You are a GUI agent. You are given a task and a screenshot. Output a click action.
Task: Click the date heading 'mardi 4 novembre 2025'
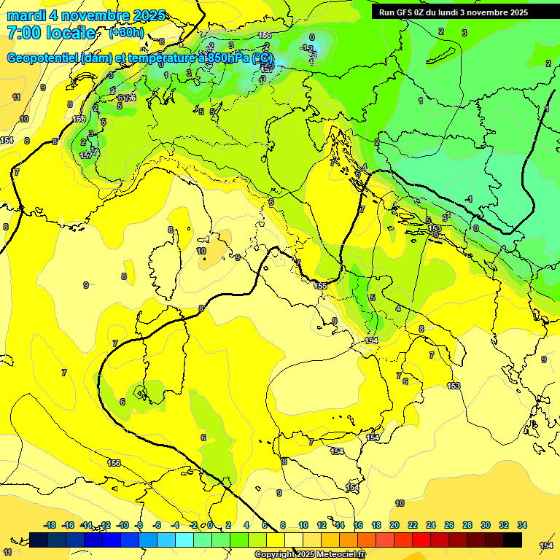pyautogui.click(x=86, y=15)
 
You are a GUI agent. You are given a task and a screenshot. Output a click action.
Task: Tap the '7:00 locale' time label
pyautogui.click(x=51, y=33)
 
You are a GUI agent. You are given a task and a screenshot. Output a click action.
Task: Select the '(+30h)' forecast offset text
pyautogui.click(x=126, y=33)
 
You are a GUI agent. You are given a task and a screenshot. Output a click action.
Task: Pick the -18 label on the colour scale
pyautogui.click(x=50, y=525)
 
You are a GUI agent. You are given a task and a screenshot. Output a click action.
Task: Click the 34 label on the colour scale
pyautogui.click(x=522, y=525)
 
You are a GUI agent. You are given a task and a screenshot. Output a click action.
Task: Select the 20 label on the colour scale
pyautogui.click(x=394, y=525)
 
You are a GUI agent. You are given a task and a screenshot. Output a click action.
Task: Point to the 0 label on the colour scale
pyautogui.click(x=210, y=525)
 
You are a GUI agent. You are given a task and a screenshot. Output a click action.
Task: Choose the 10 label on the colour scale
pyautogui.click(x=303, y=525)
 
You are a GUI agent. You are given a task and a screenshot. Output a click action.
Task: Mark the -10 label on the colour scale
pyautogui.click(x=122, y=525)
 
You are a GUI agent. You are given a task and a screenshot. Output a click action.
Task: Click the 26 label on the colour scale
pyautogui.click(x=449, y=525)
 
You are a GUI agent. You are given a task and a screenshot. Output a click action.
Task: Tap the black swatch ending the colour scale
pyautogui.click(x=513, y=540)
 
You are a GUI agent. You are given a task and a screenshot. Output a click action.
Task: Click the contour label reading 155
pyautogui.click(x=320, y=286)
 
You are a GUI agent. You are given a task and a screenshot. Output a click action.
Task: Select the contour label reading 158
pyautogui.click(x=79, y=119)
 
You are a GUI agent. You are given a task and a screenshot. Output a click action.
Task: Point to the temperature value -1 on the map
pyautogui.click(x=469, y=199)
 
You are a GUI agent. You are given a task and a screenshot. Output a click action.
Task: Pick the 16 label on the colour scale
pyautogui.click(x=358, y=525)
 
